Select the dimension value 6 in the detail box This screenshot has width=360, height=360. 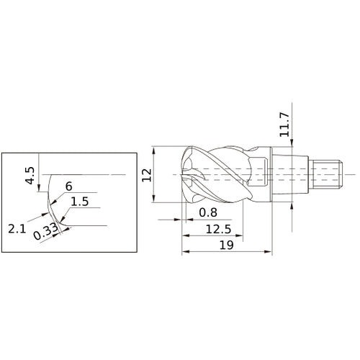(x=68, y=186)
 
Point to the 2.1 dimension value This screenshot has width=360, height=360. (x=18, y=228)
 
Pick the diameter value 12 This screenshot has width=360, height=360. (x=147, y=174)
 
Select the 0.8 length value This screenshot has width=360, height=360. (x=208, y=212)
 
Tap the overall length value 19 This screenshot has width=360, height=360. (x=226, y=246)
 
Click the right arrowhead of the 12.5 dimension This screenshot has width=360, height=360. (x=240, y=235)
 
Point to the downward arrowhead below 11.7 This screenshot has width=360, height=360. (x=292, y=145)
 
